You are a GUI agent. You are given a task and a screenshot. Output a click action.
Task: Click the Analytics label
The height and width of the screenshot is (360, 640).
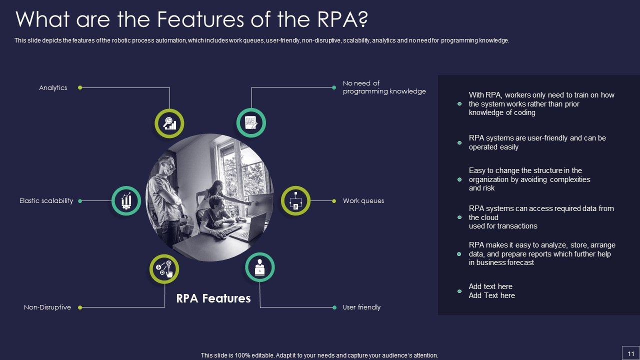click(x=53, y=88)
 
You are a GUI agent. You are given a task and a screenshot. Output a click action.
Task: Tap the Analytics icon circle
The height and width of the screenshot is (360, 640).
click(x=169, y=123)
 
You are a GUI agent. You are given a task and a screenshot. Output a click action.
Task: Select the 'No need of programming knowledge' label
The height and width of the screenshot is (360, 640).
click(x=384, y=87)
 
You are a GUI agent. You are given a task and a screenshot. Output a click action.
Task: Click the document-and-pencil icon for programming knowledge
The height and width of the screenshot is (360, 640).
click(x=250, y=123)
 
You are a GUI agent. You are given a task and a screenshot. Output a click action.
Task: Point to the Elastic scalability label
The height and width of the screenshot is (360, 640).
click(x=46, y=201)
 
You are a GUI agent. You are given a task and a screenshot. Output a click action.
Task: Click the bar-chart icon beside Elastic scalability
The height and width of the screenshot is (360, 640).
click(x=126, y=201)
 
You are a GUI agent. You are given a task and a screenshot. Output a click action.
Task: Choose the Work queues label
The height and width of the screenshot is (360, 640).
click(x=363, y=201)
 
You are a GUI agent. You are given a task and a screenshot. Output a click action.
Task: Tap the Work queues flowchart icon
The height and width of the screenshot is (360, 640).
click(x=295, y=201)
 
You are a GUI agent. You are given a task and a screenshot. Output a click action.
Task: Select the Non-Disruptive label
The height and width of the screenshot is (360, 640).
click(x=47, y=307)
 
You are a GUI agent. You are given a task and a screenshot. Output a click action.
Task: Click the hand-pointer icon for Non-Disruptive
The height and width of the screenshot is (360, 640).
click(x=164, y=269)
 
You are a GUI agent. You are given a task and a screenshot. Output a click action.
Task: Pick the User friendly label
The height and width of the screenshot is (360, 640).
click(x=361, y=307)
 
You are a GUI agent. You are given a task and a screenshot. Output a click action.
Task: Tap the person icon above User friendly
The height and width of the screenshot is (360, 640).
click(x=260, y=267)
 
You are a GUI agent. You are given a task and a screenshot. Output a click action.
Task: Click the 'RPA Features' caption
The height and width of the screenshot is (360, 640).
click(x=213, y=298)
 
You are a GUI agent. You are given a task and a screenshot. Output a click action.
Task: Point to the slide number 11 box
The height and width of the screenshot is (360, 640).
click(x=630, y=352)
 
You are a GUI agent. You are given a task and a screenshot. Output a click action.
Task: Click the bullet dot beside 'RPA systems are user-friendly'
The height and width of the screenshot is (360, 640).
click(x=459, y=143)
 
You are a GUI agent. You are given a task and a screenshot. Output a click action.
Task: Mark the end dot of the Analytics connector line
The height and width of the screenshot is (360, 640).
click(x=80, y=88)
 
